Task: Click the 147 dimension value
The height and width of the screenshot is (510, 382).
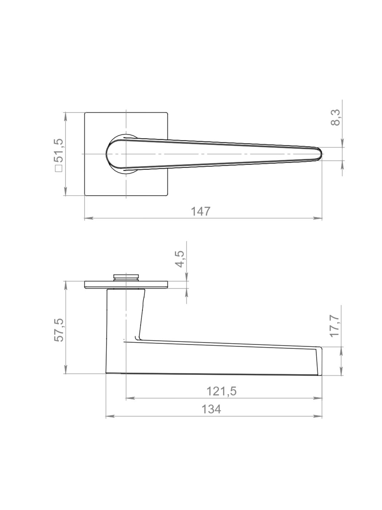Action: coord(200,211)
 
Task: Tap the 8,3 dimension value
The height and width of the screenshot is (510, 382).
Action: coord(335,117)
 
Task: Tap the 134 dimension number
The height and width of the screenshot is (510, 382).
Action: coord(211,409)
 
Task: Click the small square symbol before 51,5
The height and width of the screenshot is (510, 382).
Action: coord(59,168)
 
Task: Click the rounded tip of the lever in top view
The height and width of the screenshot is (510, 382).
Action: coord(321,154)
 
